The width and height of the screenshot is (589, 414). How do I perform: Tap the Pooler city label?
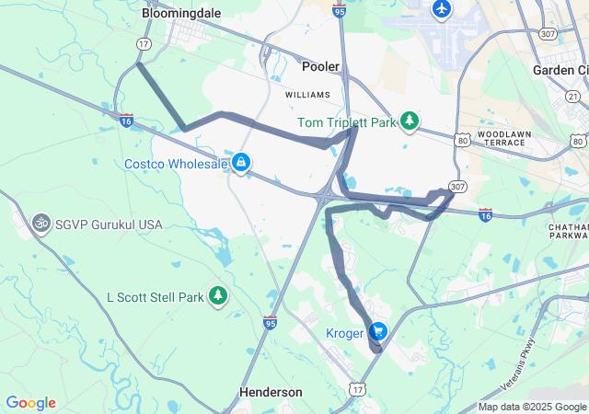321,66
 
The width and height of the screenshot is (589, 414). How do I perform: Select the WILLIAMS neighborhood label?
306,95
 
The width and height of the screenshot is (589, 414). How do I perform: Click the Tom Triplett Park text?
346,121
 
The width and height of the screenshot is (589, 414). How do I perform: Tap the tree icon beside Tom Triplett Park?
410,121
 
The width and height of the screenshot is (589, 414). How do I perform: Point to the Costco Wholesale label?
176,164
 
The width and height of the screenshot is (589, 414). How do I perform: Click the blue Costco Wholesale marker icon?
241,163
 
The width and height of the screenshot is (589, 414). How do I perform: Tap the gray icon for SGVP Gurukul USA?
40,223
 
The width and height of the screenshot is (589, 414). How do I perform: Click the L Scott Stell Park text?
153,297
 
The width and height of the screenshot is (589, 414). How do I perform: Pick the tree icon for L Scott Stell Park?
218,296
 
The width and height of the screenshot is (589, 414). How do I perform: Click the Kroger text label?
344,332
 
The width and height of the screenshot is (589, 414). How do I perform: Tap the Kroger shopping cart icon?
376,332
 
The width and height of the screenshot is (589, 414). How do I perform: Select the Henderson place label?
271,392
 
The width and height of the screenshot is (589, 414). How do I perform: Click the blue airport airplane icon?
443,10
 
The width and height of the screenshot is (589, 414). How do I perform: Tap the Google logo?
30,403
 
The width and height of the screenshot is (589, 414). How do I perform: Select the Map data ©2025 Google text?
531,408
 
